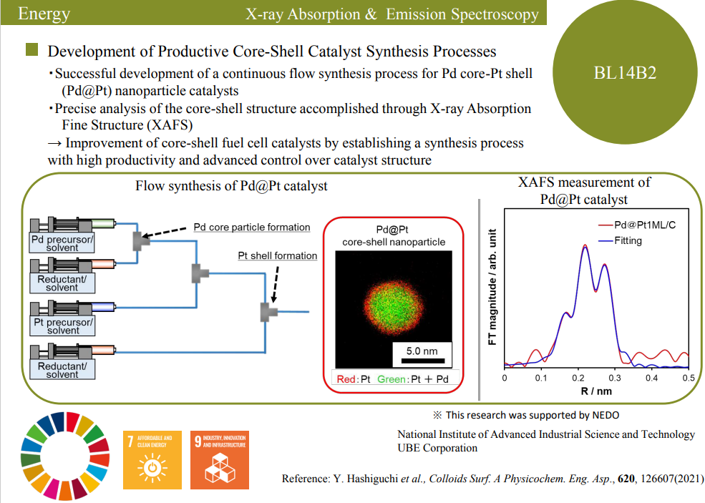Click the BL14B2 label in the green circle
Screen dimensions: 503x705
(625, 72)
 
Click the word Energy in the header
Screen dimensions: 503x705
(44, 13)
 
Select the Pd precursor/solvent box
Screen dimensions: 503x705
(62, 243)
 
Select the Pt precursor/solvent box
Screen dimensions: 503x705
(62, 326)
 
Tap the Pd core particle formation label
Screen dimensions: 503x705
(252, 228)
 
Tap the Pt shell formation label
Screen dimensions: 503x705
(278, 256)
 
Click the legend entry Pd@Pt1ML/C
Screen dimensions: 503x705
(645, 225)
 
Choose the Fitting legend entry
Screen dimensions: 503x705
(628, 241)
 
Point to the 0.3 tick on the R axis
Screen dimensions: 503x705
(615, 377)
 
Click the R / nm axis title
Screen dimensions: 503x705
(596, 391)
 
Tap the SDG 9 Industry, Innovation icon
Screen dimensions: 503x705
(219, 455)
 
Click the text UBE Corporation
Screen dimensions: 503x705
(437, 448)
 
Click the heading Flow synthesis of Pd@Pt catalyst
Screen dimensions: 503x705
(232, 186)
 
